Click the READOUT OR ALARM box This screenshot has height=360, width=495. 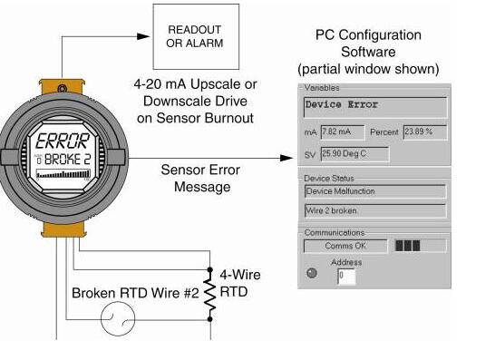click(196, 36)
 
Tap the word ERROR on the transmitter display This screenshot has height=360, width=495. click(63, 141)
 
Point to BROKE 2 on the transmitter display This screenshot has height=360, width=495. click(68, 160)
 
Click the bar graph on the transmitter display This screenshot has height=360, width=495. click(63, 174)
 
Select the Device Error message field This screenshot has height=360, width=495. click(375, 107)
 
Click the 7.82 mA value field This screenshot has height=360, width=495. click(342, 132)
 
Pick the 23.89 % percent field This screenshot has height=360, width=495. click(425, 132)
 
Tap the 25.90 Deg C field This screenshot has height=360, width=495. click(354, 154)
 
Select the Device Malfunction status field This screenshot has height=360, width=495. click(375, 191)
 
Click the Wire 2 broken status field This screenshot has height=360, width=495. click(375, 210)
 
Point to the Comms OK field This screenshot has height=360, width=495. click(345, 246)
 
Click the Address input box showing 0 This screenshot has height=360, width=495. click(346, 277)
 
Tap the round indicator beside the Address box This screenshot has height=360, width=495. click(312, 273)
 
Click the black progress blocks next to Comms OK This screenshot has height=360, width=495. click(408, 246)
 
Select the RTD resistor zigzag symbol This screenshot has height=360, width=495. click(210, 295)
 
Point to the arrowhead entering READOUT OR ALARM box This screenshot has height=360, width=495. click(143, 36)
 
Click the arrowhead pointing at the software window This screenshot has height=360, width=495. click(287, 158)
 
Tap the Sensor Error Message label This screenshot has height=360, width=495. click(200, 179)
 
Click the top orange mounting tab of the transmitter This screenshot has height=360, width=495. click(62, 86)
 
